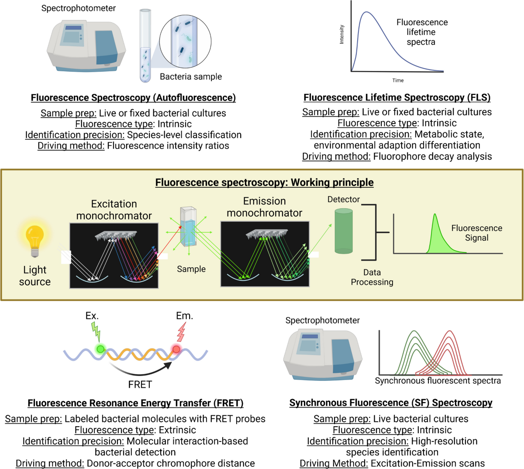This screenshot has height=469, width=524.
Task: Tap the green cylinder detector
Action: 344,231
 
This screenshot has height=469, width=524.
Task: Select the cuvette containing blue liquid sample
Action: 189,231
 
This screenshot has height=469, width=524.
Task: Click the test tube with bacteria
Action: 145,48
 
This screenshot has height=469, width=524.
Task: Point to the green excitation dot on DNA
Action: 100,349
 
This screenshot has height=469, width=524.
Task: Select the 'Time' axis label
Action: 398,80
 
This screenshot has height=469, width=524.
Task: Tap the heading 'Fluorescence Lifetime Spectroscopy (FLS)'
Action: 397,97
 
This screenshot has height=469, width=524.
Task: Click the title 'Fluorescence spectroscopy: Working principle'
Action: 264,182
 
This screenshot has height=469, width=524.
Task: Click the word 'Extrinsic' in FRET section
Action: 177,430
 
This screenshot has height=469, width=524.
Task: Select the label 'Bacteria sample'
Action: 191,77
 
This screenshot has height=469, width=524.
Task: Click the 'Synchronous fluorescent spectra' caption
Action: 438,381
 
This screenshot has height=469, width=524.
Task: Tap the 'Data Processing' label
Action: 372,277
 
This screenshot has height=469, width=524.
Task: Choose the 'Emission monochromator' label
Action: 264,207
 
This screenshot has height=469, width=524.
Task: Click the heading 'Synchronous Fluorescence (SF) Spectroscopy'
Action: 391,403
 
